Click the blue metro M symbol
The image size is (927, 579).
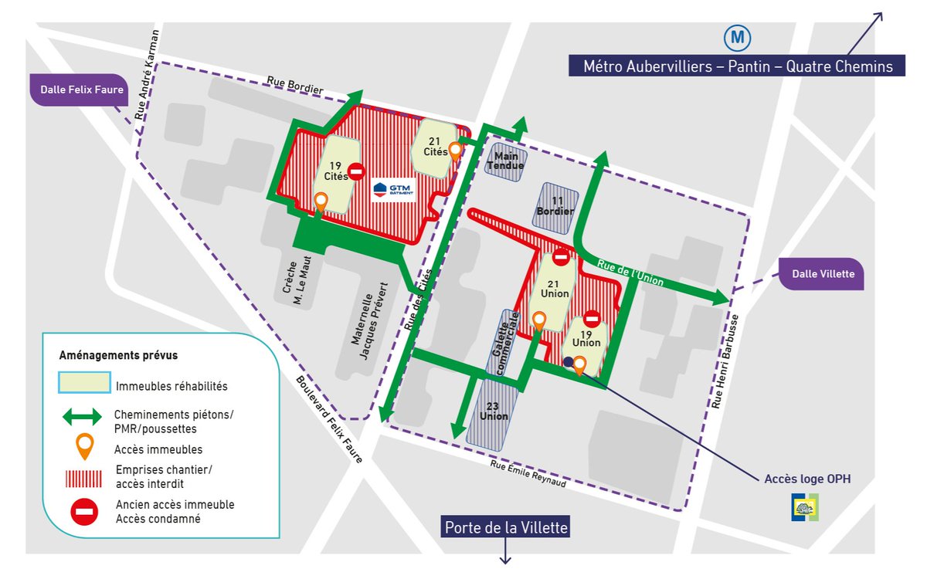pyautogui.click(x=738, y=38)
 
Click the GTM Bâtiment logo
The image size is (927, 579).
pyautogui.click(x=394, y=189)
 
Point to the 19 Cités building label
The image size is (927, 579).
pyautogui.click(x=336, y=171)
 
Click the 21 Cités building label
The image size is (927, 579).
pyautogui.click(x=435, y=146)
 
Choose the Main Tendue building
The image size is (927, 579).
pyautogui.click(x=505, y=160)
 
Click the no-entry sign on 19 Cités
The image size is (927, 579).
pyautogui.click(x=356, y=171)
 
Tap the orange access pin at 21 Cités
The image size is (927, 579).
pyautogui.click(x=456, y=150)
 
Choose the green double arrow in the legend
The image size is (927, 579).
pyautogui.click(x=80, y=416)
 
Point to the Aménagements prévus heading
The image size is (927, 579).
pyautogui.click(x=118, y=355)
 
